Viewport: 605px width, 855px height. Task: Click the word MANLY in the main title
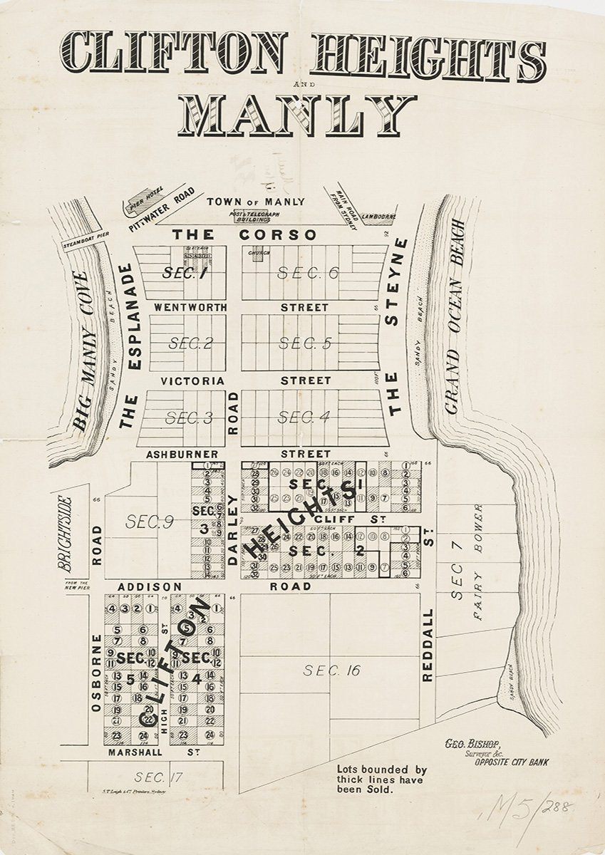(296, 115)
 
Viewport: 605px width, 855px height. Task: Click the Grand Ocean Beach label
(454, 316)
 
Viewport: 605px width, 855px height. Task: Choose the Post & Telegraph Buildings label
(254, 217)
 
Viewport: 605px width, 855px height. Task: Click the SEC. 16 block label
(332, 670)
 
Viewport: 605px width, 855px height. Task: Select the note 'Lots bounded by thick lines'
(381, 779)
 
